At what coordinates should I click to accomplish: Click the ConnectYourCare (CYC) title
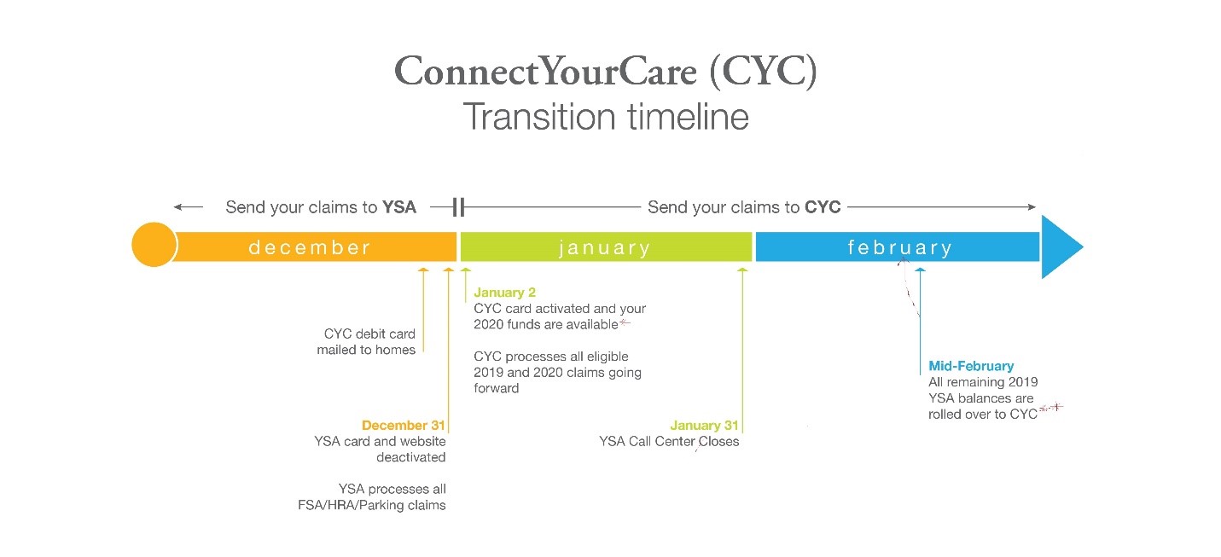pyautogui.click(x=605, y=73)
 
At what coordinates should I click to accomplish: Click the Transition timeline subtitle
pyautogui.click(x=605, y=117)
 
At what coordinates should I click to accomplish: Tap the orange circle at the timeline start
pyautogui.click(x=154, y=246)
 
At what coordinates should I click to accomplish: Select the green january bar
pyautogui.click(x=605, y=247)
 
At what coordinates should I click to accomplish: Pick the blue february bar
pyautogui.click(x=898, y=247)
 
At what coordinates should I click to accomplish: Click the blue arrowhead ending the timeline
pyautogui.click(x=1060, y=247)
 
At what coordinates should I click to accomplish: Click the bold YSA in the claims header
pyautogui.click(x=398, y=207)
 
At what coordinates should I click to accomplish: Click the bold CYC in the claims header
pyautogui.click(x=823, y=207)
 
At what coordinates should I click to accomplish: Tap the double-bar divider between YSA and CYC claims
pyautogui.click(x=458, y=207)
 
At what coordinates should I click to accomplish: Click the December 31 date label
pyautogui.click(x=403, y=425)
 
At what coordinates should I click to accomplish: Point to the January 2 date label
pyautogui.click(x=505, y=293)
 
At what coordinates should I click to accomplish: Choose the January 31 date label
pyautogui.click(x=704, y=425)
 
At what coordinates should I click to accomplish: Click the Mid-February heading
pyautogui.click(x=971, y=366)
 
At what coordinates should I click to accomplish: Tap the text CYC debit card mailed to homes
pyautogui.click(x=366, y=341)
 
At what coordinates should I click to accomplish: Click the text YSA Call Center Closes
pyautogui.click(x=669, y=441)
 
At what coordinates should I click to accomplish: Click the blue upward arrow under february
pyautogui.click(x=920, y=316)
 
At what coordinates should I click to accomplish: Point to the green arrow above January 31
pyautogui.click(x=742, y=341)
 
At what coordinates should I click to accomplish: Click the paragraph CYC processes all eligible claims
pyautogui.click(x=557, y=372)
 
